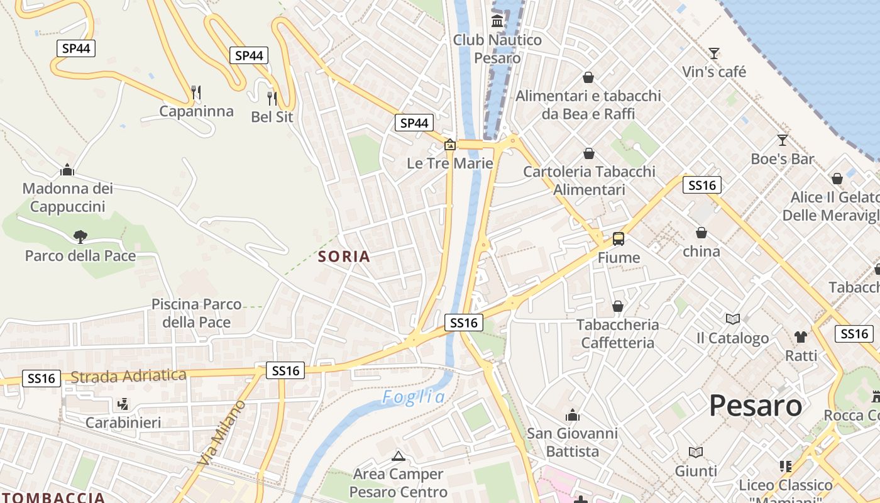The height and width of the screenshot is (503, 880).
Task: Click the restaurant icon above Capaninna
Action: coord(196,92)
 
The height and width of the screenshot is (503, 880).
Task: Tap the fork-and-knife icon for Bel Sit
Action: coord(272,98)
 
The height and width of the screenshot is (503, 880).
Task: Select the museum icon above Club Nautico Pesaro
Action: coord(498,21)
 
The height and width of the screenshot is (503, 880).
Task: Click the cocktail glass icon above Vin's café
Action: coord(714,53)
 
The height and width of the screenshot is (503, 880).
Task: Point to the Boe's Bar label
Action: coord(783,159)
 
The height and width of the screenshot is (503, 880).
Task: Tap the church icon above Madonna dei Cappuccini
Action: coord(67,170)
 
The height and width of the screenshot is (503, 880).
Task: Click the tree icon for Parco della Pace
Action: coord(80,237)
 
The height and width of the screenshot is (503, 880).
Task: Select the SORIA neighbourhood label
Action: coord(344,257)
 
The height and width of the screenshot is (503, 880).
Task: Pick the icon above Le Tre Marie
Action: coord(450,145)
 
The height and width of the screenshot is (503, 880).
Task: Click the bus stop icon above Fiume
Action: coord(619,239)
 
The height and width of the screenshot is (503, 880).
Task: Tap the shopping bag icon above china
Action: coord(701,233)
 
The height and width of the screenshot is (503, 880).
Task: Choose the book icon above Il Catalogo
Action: coord(732,319)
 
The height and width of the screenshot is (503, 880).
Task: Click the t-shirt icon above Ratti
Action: coord(801,337)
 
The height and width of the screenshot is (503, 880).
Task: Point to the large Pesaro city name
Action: coord(756,406)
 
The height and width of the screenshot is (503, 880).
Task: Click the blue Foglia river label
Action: coord(414,397)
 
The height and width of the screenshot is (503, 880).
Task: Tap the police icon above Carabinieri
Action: coord(123,404)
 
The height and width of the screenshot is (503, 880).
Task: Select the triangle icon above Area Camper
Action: coord(398,456)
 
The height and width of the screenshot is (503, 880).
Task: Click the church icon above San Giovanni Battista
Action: coord(572,415)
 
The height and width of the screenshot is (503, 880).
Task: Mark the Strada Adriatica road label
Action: coord(128,376)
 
